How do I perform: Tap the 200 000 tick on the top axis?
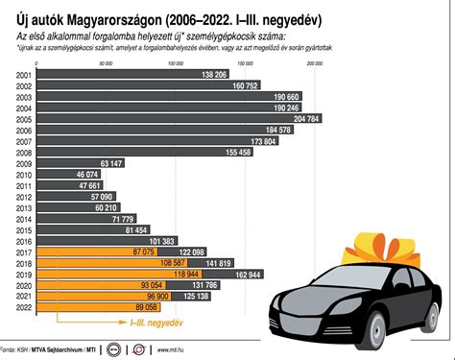(x=315, y=62)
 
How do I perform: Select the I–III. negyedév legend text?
(x=156, y=324)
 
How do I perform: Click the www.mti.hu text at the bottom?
(x=172, y=349)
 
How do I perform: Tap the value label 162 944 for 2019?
(x=250, y=274)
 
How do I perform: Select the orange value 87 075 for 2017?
(x=153, y=252)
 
